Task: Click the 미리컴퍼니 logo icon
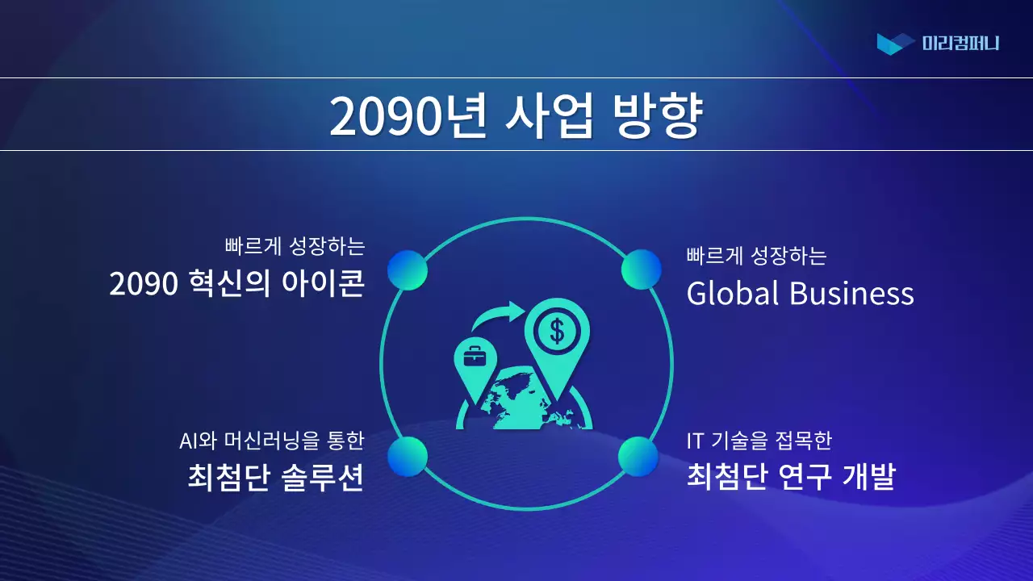pos(895,44)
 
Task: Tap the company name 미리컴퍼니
pos(960,44)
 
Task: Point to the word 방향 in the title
pos(657,116)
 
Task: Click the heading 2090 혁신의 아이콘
pos(237,284)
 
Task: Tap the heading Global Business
pos(800,293)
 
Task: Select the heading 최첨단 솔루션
pos(274,477)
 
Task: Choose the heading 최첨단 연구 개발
pos(791,477)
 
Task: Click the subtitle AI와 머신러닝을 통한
pos(272,441)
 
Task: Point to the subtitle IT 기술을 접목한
pos(759,441)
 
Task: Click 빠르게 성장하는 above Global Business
pos(756,257)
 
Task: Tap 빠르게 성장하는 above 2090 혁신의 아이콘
pos(295,245)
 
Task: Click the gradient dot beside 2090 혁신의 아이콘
pos(408,270)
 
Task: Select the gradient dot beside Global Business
pos(642,270)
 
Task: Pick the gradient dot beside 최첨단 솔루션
pos(408,457)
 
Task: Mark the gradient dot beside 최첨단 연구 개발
pos(638,457)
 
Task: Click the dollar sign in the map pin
pos(557,329)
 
